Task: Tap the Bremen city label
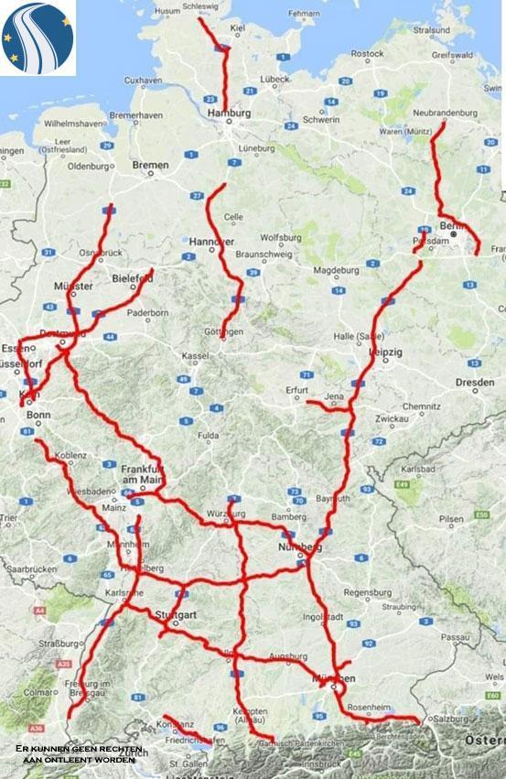(x=150, y=165)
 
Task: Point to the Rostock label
(x=366, y=54)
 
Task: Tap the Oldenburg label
(x=88, y=166)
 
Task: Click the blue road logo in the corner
(x=38, y=38)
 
